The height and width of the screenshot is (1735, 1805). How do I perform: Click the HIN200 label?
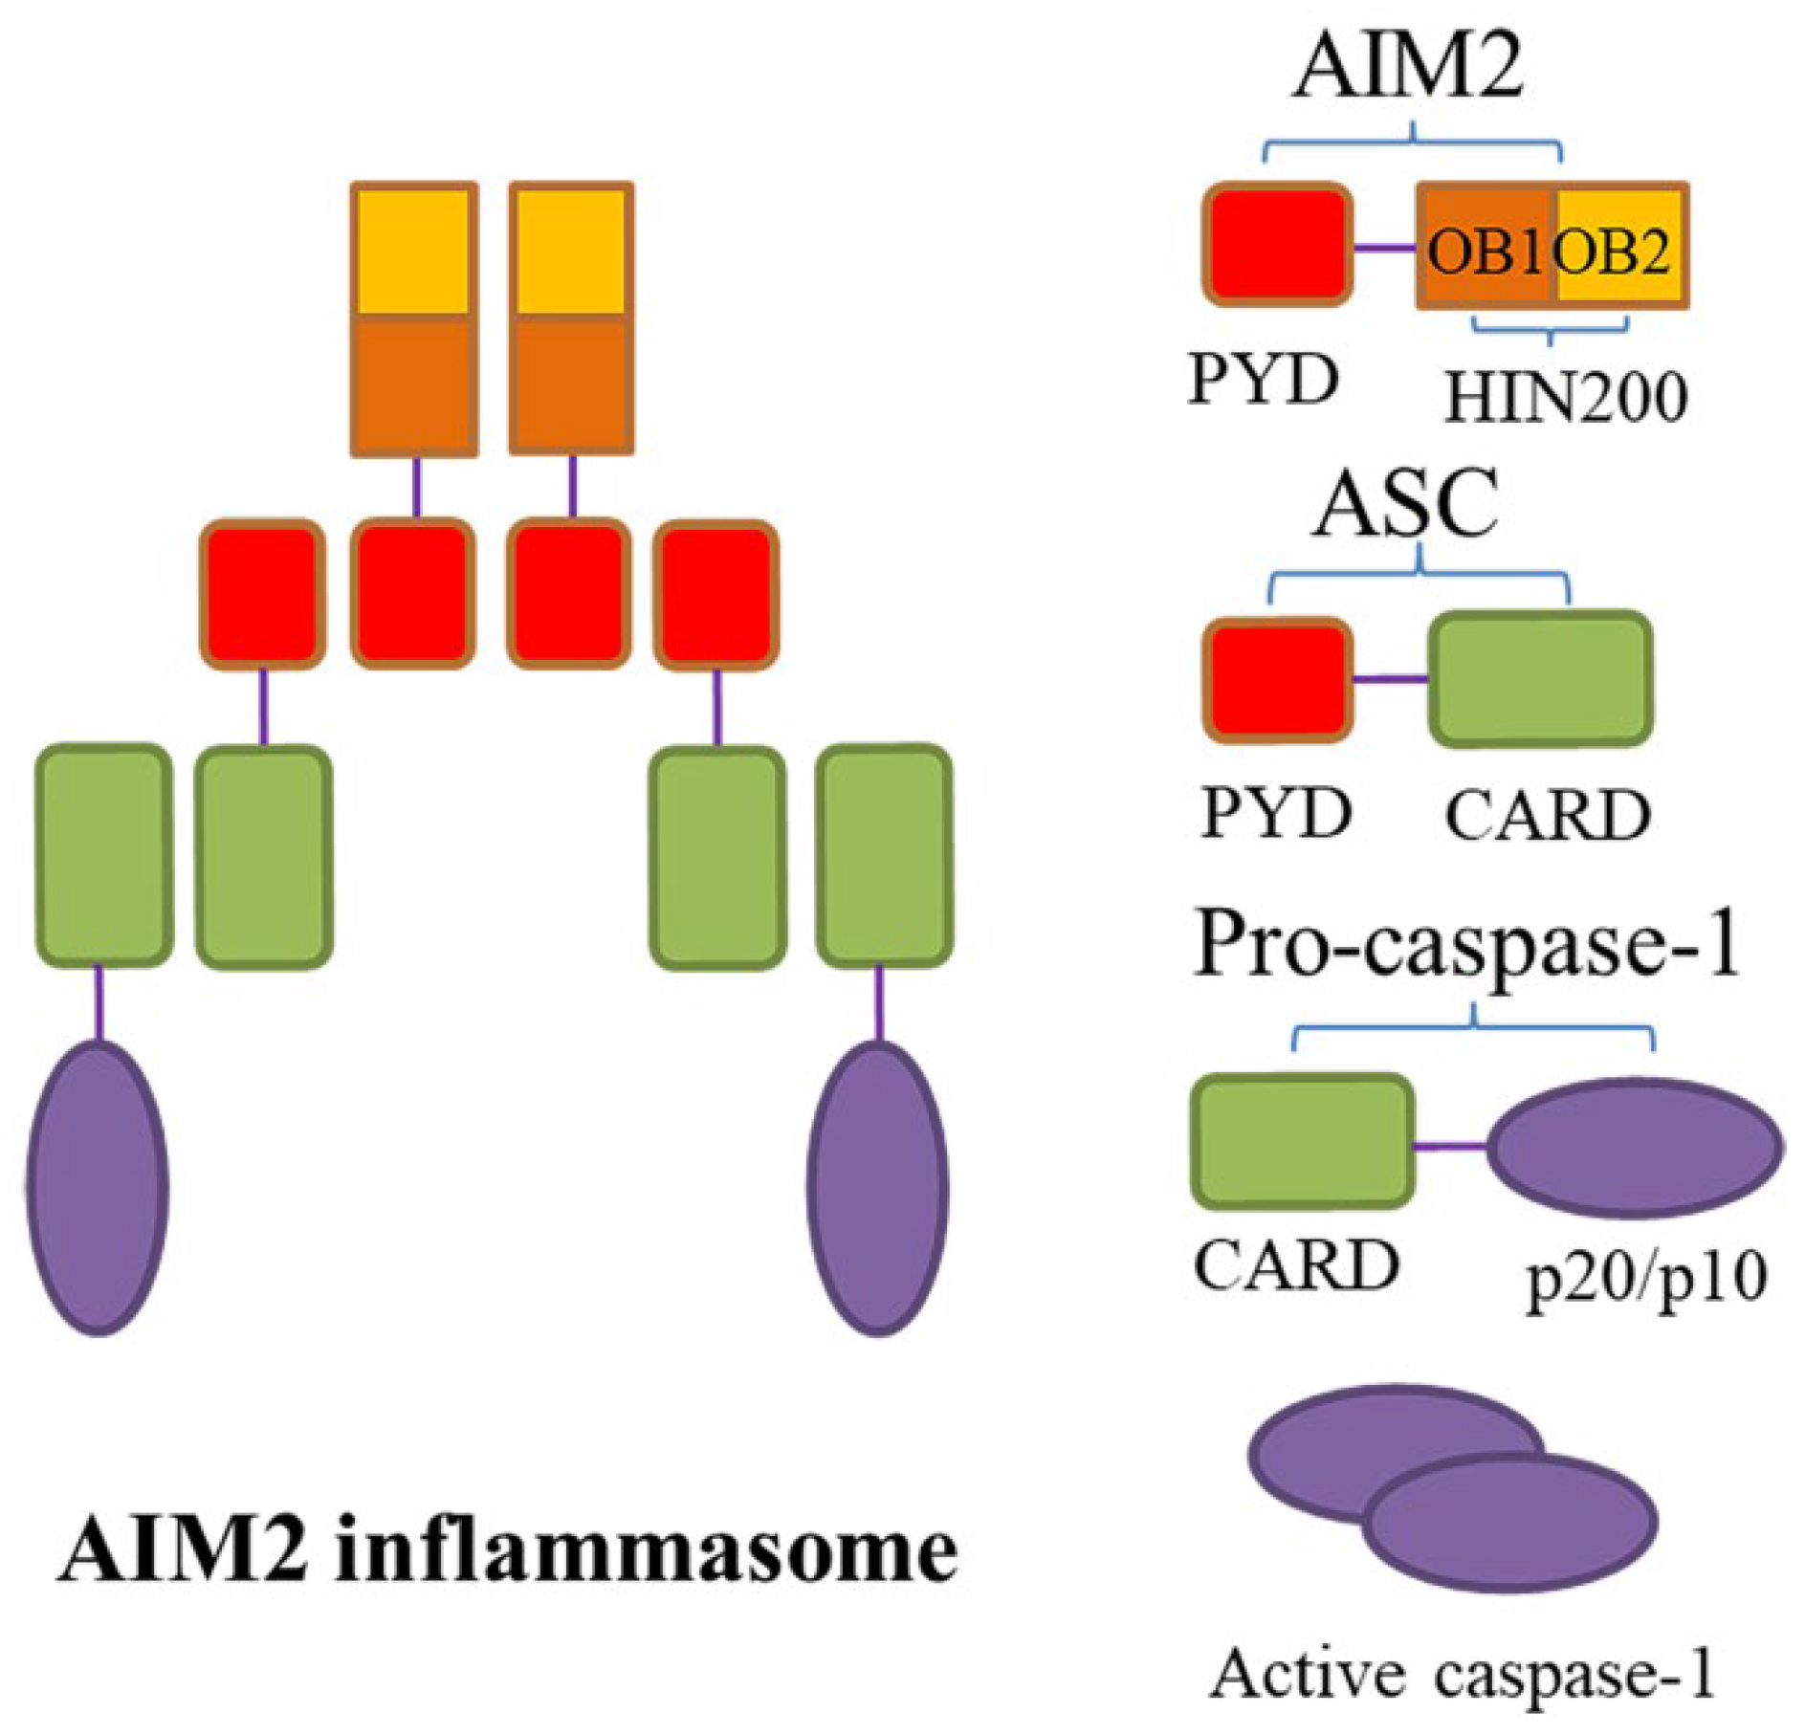click(x=1566, y=397)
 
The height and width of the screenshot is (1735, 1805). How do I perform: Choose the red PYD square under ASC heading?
click(x=1278, y=680)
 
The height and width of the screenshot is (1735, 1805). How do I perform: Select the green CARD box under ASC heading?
click(x=1540, y=678)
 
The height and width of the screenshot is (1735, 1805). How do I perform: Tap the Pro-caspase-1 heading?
click(x=1465, y=945)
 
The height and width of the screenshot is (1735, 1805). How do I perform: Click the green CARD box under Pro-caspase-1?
click(x=1302, y=1141)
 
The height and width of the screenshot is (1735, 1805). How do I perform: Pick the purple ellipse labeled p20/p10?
click(x=1634, y=1147)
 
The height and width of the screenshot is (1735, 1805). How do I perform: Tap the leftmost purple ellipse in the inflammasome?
click(x=98, y=1188)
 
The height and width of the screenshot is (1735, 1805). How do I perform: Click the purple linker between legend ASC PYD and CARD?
click(x=1390, y=679)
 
